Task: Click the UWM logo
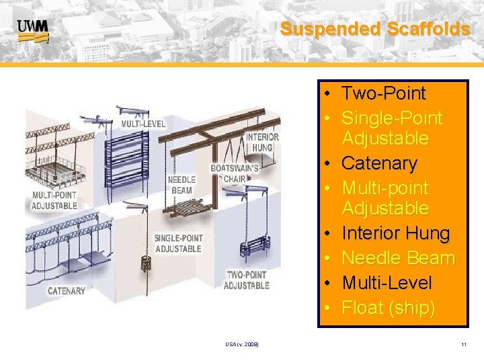pyautogui.click(x=33, y=30)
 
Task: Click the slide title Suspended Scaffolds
pyautogui.click(x=374, y=29)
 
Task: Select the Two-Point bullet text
pyautogui.click(x=383, y=93)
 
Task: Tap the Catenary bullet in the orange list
pyautogui.click(x=379, y=163)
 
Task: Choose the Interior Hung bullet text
pyautogui.click(x=395, y=233)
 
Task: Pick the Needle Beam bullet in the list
pyautogui.click(x=398, y=258)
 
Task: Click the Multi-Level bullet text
pyautogui.click(x=387, y=283)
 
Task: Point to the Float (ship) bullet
pyautogui.click(x=388, y=308)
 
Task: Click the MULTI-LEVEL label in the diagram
pyautogui.click(x=143, y=124)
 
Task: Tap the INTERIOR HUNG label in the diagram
pyautogui.click(x=262, y=142)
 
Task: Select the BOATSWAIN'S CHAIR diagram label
pyautogui.click(x=233, y=173)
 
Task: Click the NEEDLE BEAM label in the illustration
pyautogui.click(x=181, y=185)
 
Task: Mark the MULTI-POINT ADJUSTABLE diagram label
pyautogui.click(x=54, y=201)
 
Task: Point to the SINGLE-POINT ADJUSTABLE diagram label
pyautogui.click(x=178, y=243)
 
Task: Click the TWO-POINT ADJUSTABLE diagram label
pyautogui.click(x=246, y=280)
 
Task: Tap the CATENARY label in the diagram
pyautogui.click(x=67, y=291)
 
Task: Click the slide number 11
pyautogui.click(x=464, y=345)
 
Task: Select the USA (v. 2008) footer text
pyautogui.click(x=242, y=345)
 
